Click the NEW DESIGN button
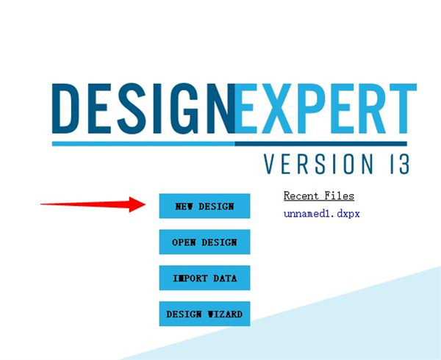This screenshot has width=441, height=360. [204, 206]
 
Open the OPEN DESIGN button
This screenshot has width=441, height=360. [204, 242]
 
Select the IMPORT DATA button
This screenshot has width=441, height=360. [204, 278]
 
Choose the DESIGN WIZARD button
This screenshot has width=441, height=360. [204, 314]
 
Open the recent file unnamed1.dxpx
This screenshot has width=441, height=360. [321, 214]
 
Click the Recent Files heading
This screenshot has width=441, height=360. [318, 196]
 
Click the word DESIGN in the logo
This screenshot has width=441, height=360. [143, 109]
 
